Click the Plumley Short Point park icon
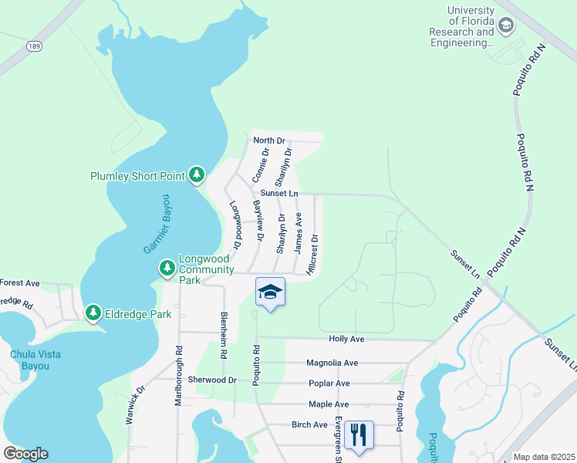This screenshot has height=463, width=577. pyautogui.click(x=197, y=176)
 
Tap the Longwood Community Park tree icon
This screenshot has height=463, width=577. pyautogui.click(x=167, y=268)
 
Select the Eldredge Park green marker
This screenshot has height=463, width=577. pyautogui.click(x=93, y=313)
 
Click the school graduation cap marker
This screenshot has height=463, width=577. pyautogui.click(x=270, y=292)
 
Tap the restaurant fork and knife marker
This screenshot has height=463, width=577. pyautogui.click(x=358, y=434)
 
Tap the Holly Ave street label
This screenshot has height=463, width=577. pyautogui.click(x=346, y=339)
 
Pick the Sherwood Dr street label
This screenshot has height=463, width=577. pyautogui.click(x=212, y=380)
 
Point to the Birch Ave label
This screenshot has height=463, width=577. pyautogui.click(x=309, y=424)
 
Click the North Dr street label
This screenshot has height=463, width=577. pyautogui.click(x=269, y=140)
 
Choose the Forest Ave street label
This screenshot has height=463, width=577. pyautogui.click(x=20, y=283)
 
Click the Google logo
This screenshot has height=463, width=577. pyautogui.click(x=25, y=454)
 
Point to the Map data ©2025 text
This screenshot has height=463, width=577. pyautogui.click(x=543, y=457)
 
